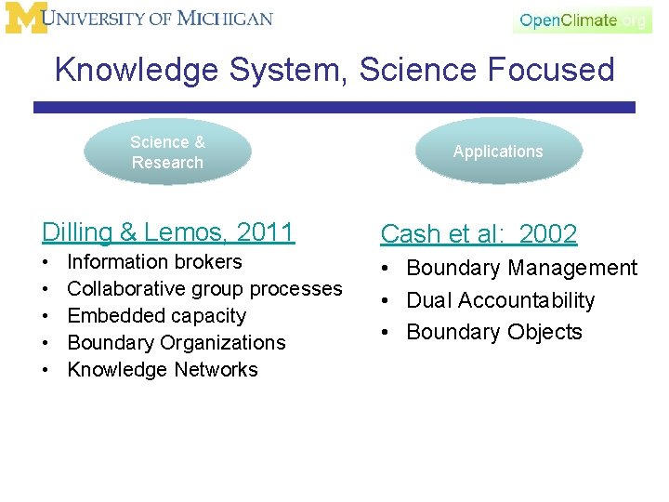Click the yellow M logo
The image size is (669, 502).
pyautogui.click(x=26, y=19)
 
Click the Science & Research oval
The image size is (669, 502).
pyautogui.click(x=167, y=152)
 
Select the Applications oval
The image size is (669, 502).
pyautogui.click(x=498, y=152)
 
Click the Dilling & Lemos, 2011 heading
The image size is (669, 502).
pyautogui.click(x=168, y=231)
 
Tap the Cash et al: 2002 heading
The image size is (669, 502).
pyautogui.click(x=479, y=234)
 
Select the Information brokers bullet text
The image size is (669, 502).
pyautogui.click(x=154, y=262)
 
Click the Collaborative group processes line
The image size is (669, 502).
pyautogui.click(x=204, y=289)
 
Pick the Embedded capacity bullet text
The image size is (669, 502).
pyautogui.click(x=156, y=316)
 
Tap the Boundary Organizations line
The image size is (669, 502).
pyautogui.click(x=177, y=343)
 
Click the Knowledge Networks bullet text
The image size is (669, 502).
pyautogui.click(x=163, y=370)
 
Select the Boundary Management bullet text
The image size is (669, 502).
pyautogui.click(x=521, y=269)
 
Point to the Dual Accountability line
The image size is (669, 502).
pyautogui.click(x=500, y=300)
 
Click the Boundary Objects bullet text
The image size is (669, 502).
pyautogui.click(x=494, y=332)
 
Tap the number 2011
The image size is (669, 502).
pyautogui.click(x=265, y=231)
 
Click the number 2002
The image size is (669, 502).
pyautogui.click(x=548, y=234)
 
